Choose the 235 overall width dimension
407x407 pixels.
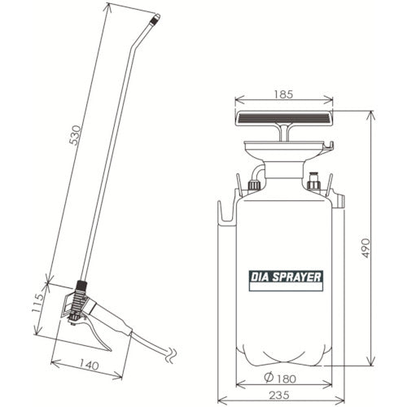[x=282, y=396]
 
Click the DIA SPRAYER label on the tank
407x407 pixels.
[x=283, y=277]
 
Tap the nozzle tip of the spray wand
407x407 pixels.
[x=155, y=17]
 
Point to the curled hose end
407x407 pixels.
[x=170, y=354]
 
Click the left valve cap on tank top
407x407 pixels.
[x=254, y=184]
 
